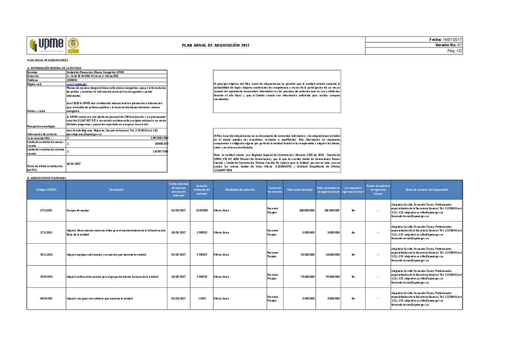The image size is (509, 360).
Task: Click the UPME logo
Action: point(47,45)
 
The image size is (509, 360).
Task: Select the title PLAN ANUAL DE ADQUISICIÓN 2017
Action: point(216,45)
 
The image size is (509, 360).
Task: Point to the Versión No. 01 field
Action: point(448,45)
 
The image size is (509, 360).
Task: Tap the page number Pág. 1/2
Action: point(454,51)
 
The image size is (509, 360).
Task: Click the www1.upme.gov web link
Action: point(77,84)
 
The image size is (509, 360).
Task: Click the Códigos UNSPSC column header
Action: point(46,190)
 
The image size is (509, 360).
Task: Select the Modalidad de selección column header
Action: point(240,190)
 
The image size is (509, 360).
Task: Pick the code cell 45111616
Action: point(46,255)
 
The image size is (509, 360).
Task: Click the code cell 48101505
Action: point(46,298)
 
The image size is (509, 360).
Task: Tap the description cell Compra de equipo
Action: point(78,210)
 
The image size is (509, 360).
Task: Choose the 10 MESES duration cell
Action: point(202,210)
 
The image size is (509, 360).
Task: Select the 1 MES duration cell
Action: point(202,298)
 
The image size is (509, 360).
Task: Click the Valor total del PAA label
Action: point(39,138)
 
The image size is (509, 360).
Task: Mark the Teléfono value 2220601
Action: point(72,80)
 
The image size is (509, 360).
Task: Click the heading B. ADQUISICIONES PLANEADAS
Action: point(47,178)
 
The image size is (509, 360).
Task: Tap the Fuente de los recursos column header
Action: point(275,190)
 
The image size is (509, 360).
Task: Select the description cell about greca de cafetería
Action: point(100,298)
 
